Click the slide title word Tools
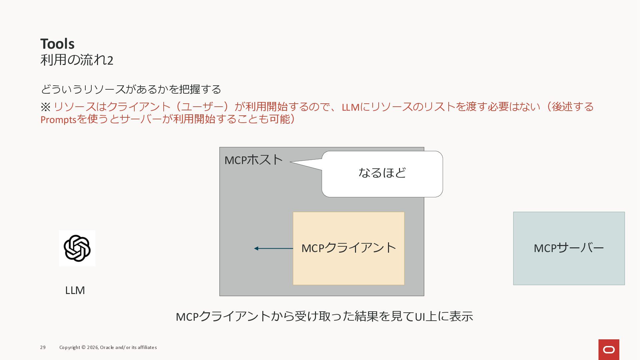[x=57, y=44]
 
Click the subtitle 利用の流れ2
[x=77, y=60]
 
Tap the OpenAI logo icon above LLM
[x=77, y=248]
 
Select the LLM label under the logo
[x=75, y=290]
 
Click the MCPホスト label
[x=254, y=160]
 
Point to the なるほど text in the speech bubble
[x=382, y=173]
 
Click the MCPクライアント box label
[x=349, y=248]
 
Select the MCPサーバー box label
[x=569, y=248]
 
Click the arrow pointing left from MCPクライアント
[x=273, y=248]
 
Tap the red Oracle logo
[x=609, y=350]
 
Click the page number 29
[x=43, y=347]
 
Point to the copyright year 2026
[x=92, y=347]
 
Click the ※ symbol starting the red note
[x=45, y=107]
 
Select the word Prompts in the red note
[x=59, y=119]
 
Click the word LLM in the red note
[x=351, y=107]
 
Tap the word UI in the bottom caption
[x=420, y=317]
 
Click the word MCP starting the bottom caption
[x=187, y=317]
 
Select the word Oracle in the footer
[x=107, y=347]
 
